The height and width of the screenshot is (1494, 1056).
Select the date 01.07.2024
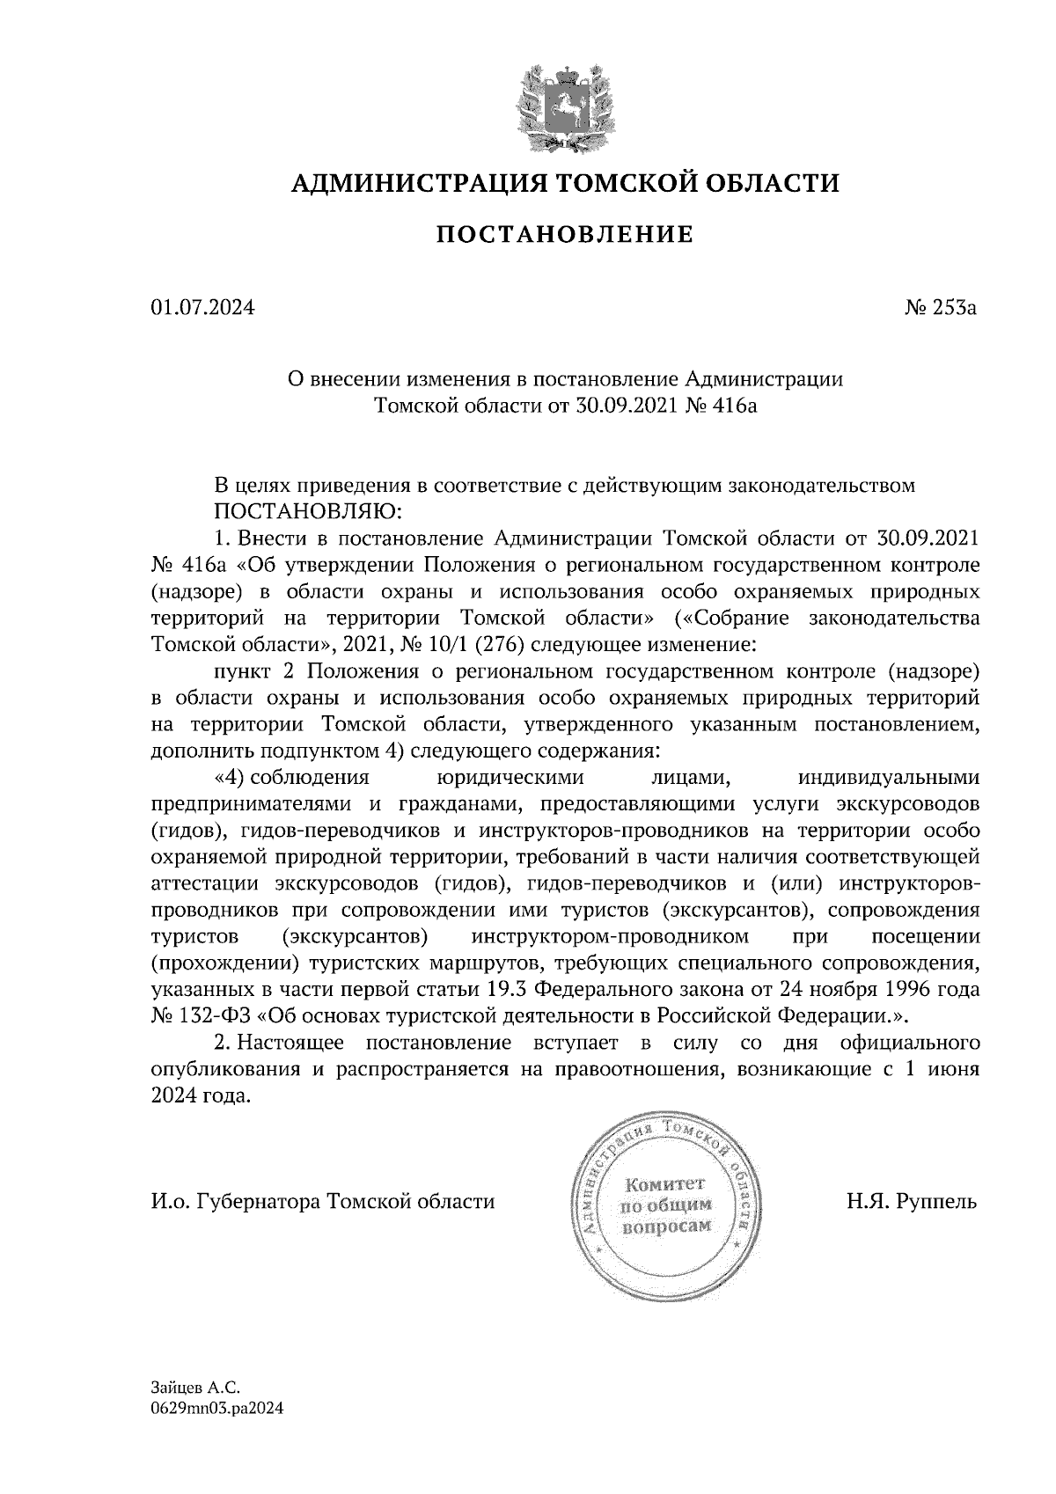click(202, 308)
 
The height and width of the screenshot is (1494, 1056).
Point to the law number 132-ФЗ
click(204, 1016)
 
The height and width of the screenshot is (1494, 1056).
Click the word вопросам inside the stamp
click(666, 1226)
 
